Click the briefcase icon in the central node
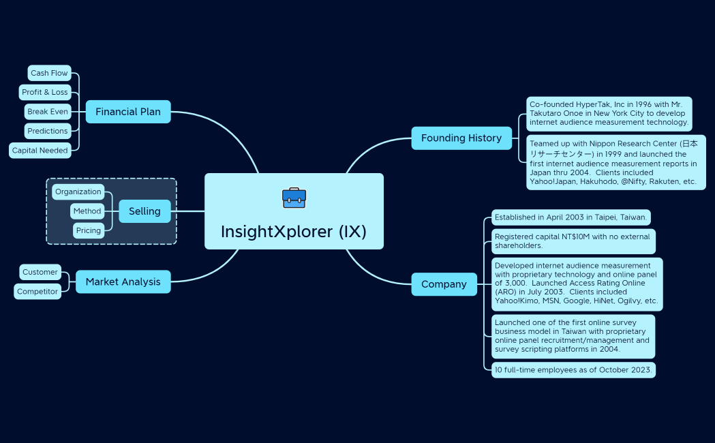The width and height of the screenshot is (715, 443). [294, 198]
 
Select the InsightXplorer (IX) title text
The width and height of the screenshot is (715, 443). [294, 232]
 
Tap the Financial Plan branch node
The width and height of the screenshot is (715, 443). [128, 112]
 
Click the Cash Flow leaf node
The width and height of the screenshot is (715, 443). [49, 73]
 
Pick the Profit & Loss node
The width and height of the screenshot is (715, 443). [45, 92]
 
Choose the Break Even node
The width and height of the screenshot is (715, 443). [48, 111]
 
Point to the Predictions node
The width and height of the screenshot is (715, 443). [48, 131]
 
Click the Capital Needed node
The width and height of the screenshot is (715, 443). [40, 150]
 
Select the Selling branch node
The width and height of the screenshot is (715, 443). [144, 211]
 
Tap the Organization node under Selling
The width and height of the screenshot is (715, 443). [78, 192]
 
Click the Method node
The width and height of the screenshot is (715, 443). [87, 211]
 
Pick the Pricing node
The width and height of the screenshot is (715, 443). [89, 230]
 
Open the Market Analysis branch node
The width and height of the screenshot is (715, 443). [123, 281]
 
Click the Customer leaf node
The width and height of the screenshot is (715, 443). [40, 272]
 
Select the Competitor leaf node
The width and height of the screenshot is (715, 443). [37, 291]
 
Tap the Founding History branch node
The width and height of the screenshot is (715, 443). [461, 138]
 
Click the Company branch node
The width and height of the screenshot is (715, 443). [444, 284]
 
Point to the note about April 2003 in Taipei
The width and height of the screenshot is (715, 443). [571, 217]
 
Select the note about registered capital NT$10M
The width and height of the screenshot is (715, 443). [573, 241]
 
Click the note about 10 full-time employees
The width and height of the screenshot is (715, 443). [573, 370]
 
